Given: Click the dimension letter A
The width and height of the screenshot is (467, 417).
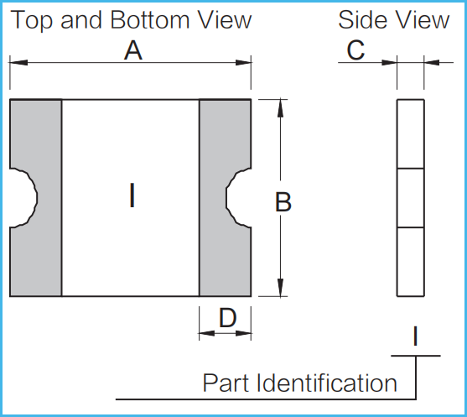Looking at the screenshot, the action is tap(133, 50).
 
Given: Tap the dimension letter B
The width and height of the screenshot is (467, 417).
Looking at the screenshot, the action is tap(283, 202).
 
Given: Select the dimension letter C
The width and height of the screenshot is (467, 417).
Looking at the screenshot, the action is tap(355, 50).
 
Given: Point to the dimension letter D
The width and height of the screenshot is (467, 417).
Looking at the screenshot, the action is tap(227, 318).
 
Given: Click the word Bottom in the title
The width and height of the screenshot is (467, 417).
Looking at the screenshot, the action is tap(150, 20).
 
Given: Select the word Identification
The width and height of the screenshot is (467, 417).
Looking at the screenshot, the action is tap(326, 383).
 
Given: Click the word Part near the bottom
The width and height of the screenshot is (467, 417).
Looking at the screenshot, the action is tap(226, 383).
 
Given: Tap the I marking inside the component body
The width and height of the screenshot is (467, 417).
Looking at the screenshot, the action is tap(132, 195).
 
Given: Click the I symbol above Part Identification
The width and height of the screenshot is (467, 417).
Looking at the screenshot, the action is tap(416, 336).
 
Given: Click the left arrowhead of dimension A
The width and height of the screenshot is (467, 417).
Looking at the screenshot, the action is tap(18, 63).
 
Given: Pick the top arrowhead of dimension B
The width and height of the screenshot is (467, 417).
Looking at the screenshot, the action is tap(280, 108).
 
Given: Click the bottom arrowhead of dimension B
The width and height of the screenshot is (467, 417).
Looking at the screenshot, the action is tap(280, 287).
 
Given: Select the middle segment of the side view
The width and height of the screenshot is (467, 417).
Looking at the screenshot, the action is tap(411, 198).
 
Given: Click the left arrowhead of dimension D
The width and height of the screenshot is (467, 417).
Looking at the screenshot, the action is tap(207, 333).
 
